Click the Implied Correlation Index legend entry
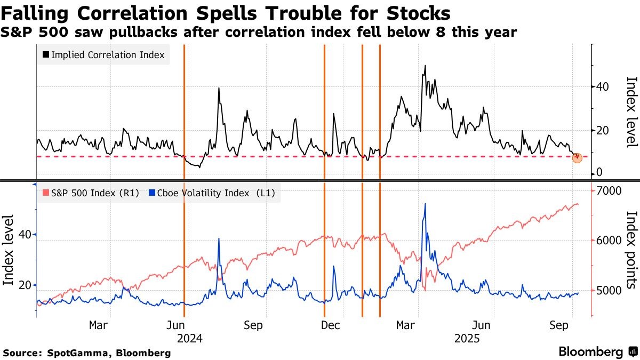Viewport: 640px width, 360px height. click(103, 54)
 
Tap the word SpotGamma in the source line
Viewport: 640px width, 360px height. click(71, 353)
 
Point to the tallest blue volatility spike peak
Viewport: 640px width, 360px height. click(425, 204)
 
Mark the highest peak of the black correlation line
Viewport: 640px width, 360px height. click(425, 66)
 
